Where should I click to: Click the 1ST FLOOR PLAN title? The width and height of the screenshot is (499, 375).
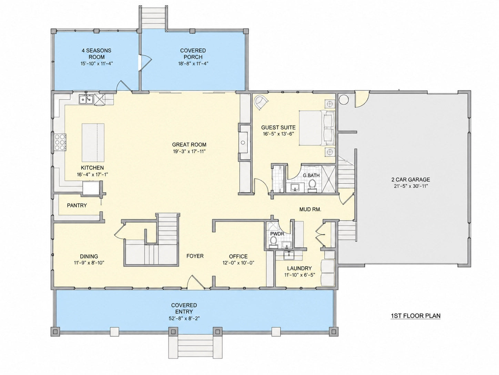416,316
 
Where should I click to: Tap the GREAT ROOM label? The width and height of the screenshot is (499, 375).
189,145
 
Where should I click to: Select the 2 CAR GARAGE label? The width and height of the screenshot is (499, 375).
410,180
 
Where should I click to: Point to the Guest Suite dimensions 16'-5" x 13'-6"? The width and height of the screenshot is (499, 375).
278,134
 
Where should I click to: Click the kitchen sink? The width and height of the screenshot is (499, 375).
86,99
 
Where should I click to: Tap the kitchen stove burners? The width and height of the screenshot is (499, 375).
60,142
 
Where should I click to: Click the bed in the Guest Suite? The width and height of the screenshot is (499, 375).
317,128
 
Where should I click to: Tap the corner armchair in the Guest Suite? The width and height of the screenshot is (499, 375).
261,103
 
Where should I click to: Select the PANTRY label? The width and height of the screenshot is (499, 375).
77,205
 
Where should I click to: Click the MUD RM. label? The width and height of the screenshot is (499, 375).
310,210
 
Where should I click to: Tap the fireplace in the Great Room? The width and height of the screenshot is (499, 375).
244,142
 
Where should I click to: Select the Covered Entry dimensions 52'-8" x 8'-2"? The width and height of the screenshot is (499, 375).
184,318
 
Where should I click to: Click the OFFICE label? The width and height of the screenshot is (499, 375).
238,256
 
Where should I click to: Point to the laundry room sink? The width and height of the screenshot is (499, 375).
289,255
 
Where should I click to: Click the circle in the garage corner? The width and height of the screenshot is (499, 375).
344,99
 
